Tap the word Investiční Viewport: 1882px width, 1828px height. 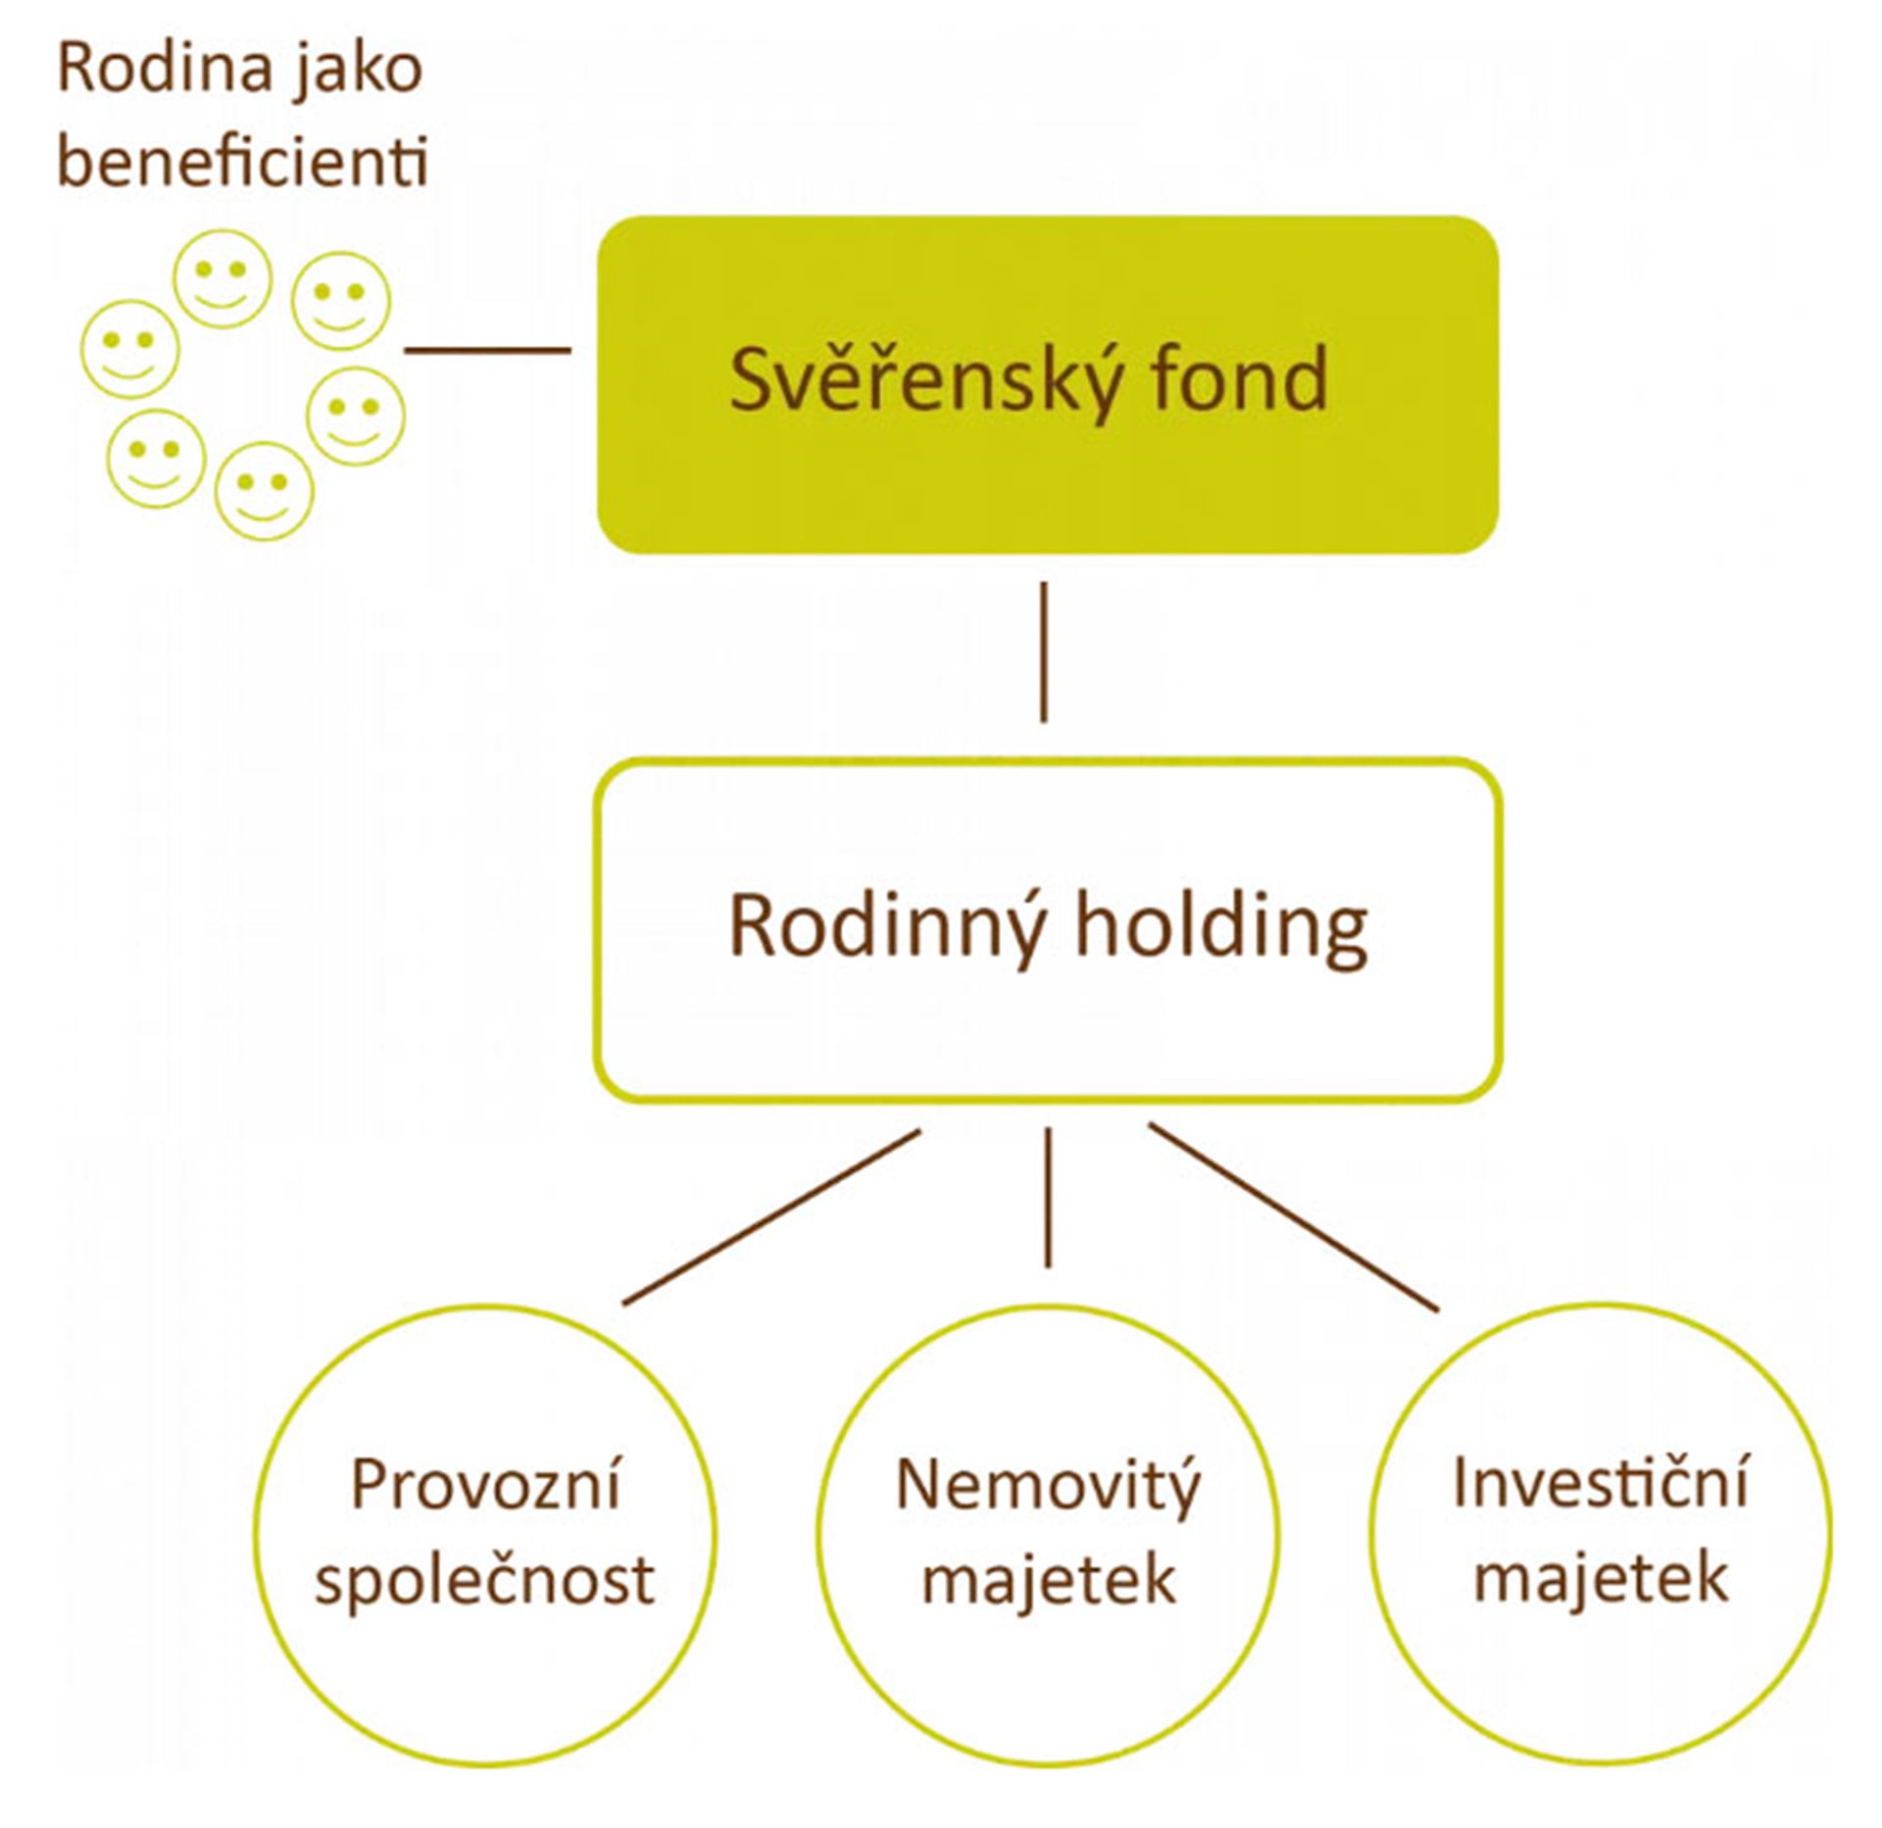point(1600,1483)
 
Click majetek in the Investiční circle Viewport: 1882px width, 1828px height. point(1600,1577)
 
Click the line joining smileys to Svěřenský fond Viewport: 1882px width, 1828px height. point(487,349)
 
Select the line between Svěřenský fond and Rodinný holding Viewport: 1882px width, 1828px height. point(1043,653)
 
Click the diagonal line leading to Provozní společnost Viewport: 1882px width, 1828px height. point(771,1217)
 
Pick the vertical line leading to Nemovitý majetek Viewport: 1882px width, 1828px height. point(1048,1198)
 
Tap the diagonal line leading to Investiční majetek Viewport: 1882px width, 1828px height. point(1294,1217)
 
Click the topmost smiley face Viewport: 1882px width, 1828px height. point(223,278)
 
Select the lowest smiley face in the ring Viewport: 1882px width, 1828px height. point(264,490)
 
